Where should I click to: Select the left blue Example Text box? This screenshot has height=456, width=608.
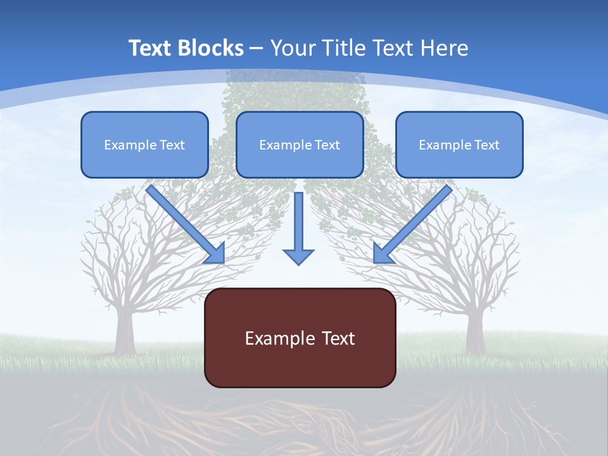point(144,144)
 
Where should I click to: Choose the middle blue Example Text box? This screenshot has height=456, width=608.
point(300,144)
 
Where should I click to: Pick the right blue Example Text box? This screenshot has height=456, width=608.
point(459,144)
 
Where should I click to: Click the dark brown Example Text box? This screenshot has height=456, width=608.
point(300,338)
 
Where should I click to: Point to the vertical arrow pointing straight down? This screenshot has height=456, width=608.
point(298,225)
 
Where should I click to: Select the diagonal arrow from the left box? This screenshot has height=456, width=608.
point(184,222)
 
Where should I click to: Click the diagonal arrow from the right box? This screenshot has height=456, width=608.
point(415,222)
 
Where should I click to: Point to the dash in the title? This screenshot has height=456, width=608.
point(256,48)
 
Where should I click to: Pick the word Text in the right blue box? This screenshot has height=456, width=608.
point(486,145)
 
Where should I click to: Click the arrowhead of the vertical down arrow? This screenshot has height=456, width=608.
point(298,256)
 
